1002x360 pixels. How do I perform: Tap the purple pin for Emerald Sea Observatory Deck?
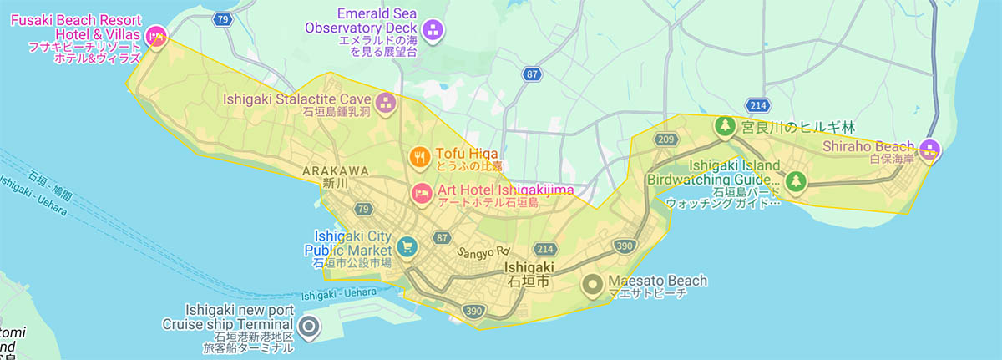tap(433, 31)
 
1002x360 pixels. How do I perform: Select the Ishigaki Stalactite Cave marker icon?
tap(386, 104)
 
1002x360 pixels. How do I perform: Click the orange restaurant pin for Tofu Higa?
tap(420, 155)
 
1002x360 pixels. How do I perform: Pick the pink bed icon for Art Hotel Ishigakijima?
tap(422, 193)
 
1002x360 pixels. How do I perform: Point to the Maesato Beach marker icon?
tap(593, 285)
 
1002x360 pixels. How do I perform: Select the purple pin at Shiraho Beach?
tap(929, 150)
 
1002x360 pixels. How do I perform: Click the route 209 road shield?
tap(665, 139)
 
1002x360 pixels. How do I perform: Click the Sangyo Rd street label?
tap(483, 251)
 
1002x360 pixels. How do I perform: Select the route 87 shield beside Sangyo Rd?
tap(442, 238)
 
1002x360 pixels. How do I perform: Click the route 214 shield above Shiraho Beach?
tap(758, 105)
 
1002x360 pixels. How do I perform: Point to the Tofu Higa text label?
tap(466, 154)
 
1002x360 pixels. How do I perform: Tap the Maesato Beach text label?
tap(657, 281)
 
